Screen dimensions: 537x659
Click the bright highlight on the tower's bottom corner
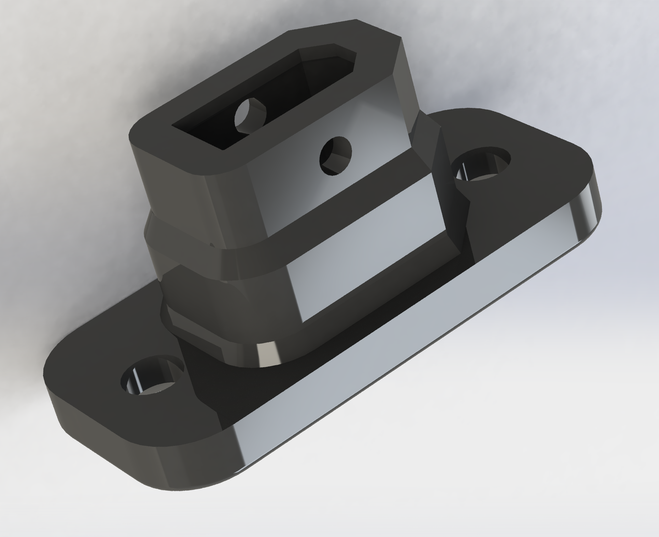coord(265,355)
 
